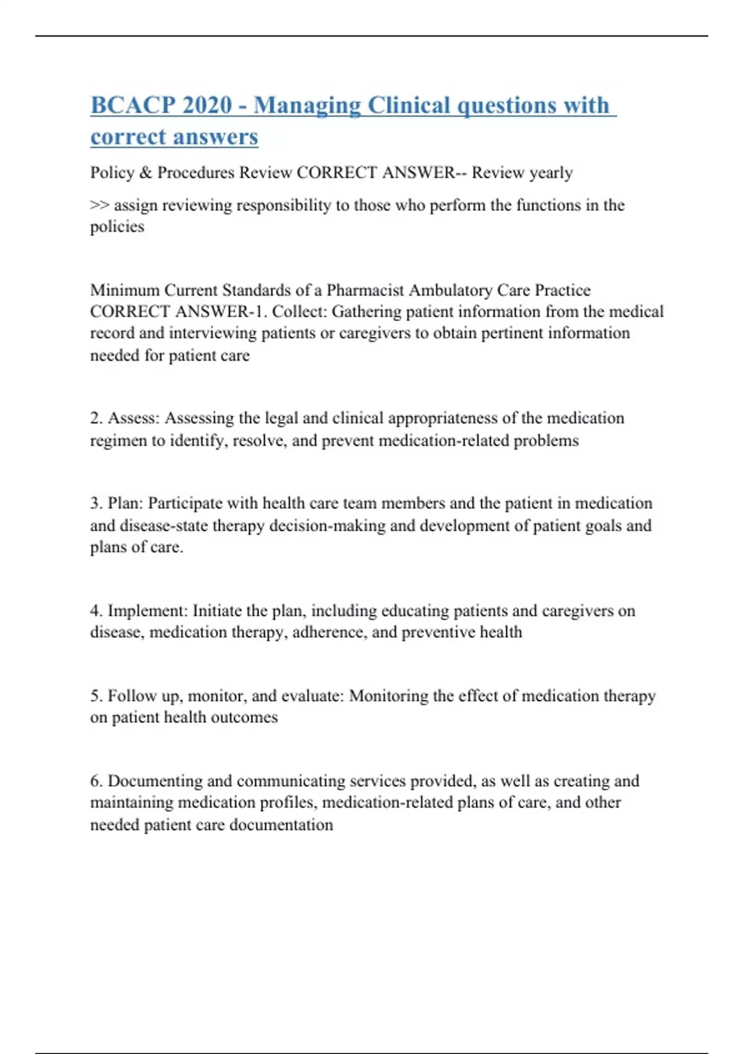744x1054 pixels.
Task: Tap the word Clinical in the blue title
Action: pyautogui.click(x=409, y=105)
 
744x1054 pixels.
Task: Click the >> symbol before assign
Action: pyautogui.click(x=99, y=205)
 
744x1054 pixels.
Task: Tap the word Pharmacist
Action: pyautogui.click(x=366, y=290)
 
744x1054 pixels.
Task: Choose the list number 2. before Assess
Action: pyautogui.click(x=96, y=418)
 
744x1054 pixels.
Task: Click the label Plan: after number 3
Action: pyautogui.click(x=125, y=503)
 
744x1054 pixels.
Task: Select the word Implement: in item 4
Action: pyautogui.click(x=148, y=611)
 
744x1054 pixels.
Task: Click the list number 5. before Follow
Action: pyautogui.click(x=96, y=696)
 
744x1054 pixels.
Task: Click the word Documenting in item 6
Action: pyautogui.click(x=155, y=781)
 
